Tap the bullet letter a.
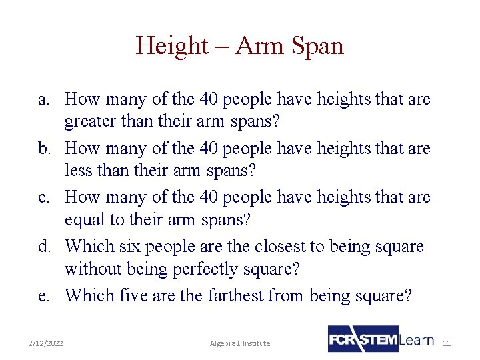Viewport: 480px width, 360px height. (43, 100)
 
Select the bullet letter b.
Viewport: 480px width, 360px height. (43, 149)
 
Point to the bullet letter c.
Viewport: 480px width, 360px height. (43, 198)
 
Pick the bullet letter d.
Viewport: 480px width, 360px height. (43, 247)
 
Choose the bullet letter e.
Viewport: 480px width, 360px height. (43, 295)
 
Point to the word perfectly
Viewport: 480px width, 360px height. (201, 269)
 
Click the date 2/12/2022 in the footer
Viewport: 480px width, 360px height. (46, 343)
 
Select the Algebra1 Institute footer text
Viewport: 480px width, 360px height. (240, 343)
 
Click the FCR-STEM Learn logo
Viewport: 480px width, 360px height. (381, 339)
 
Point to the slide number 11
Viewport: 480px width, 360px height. (447, 343)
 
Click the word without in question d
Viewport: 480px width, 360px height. (91, 269)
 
